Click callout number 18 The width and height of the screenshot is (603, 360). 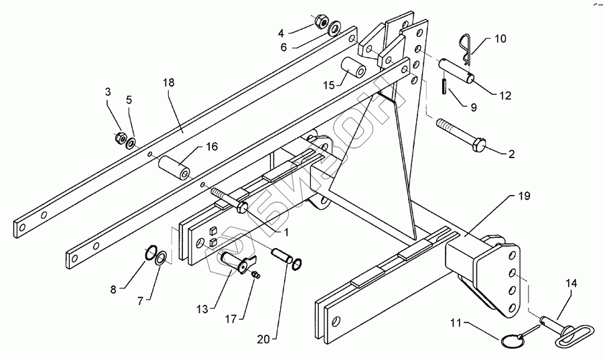(x=168, y=82)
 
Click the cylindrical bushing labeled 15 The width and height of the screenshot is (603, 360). (x=352, y=70)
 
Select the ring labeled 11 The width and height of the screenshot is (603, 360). (x=511, y=341)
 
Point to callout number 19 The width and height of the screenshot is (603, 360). (x=523, y=196)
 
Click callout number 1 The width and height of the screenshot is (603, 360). (x=286, y=233)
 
